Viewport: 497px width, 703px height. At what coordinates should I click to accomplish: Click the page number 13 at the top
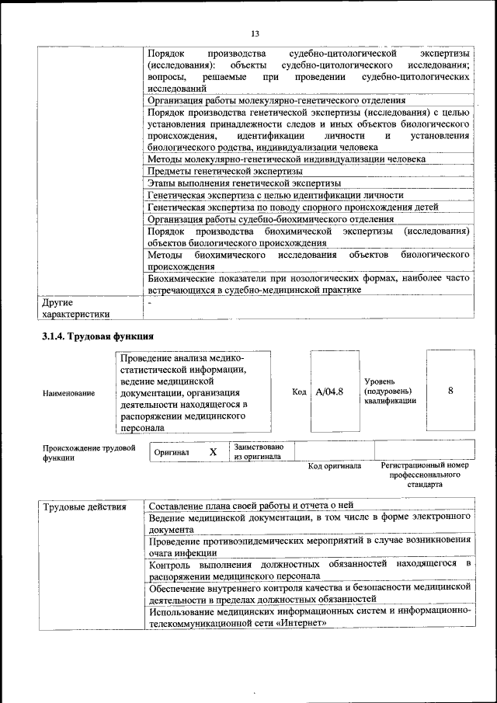click(x=254, y=33)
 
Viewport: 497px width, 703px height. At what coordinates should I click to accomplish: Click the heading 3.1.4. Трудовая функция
click(x=98, y=336)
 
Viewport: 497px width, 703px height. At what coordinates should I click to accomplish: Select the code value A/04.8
click(x=329, y=392)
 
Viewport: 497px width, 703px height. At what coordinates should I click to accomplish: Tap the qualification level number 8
click(x=450, y=392)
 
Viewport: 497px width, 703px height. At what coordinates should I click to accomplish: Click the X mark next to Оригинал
click(x=213, y=451)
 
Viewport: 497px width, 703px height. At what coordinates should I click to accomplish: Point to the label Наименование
click(x=69, y=393)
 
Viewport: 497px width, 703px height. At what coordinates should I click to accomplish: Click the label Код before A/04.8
click(x=299, y=392)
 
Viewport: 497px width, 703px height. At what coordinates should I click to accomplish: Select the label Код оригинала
click(x=334, y=466)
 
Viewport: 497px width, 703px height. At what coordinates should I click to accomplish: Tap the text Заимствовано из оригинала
click(x=259, y=451)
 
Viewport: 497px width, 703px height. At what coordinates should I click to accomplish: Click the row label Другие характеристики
click(x=75, y=308)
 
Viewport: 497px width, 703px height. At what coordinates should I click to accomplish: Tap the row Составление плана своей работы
click(x=250, y=506)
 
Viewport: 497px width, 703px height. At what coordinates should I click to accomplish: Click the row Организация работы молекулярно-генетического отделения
click(x=276, y=100)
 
